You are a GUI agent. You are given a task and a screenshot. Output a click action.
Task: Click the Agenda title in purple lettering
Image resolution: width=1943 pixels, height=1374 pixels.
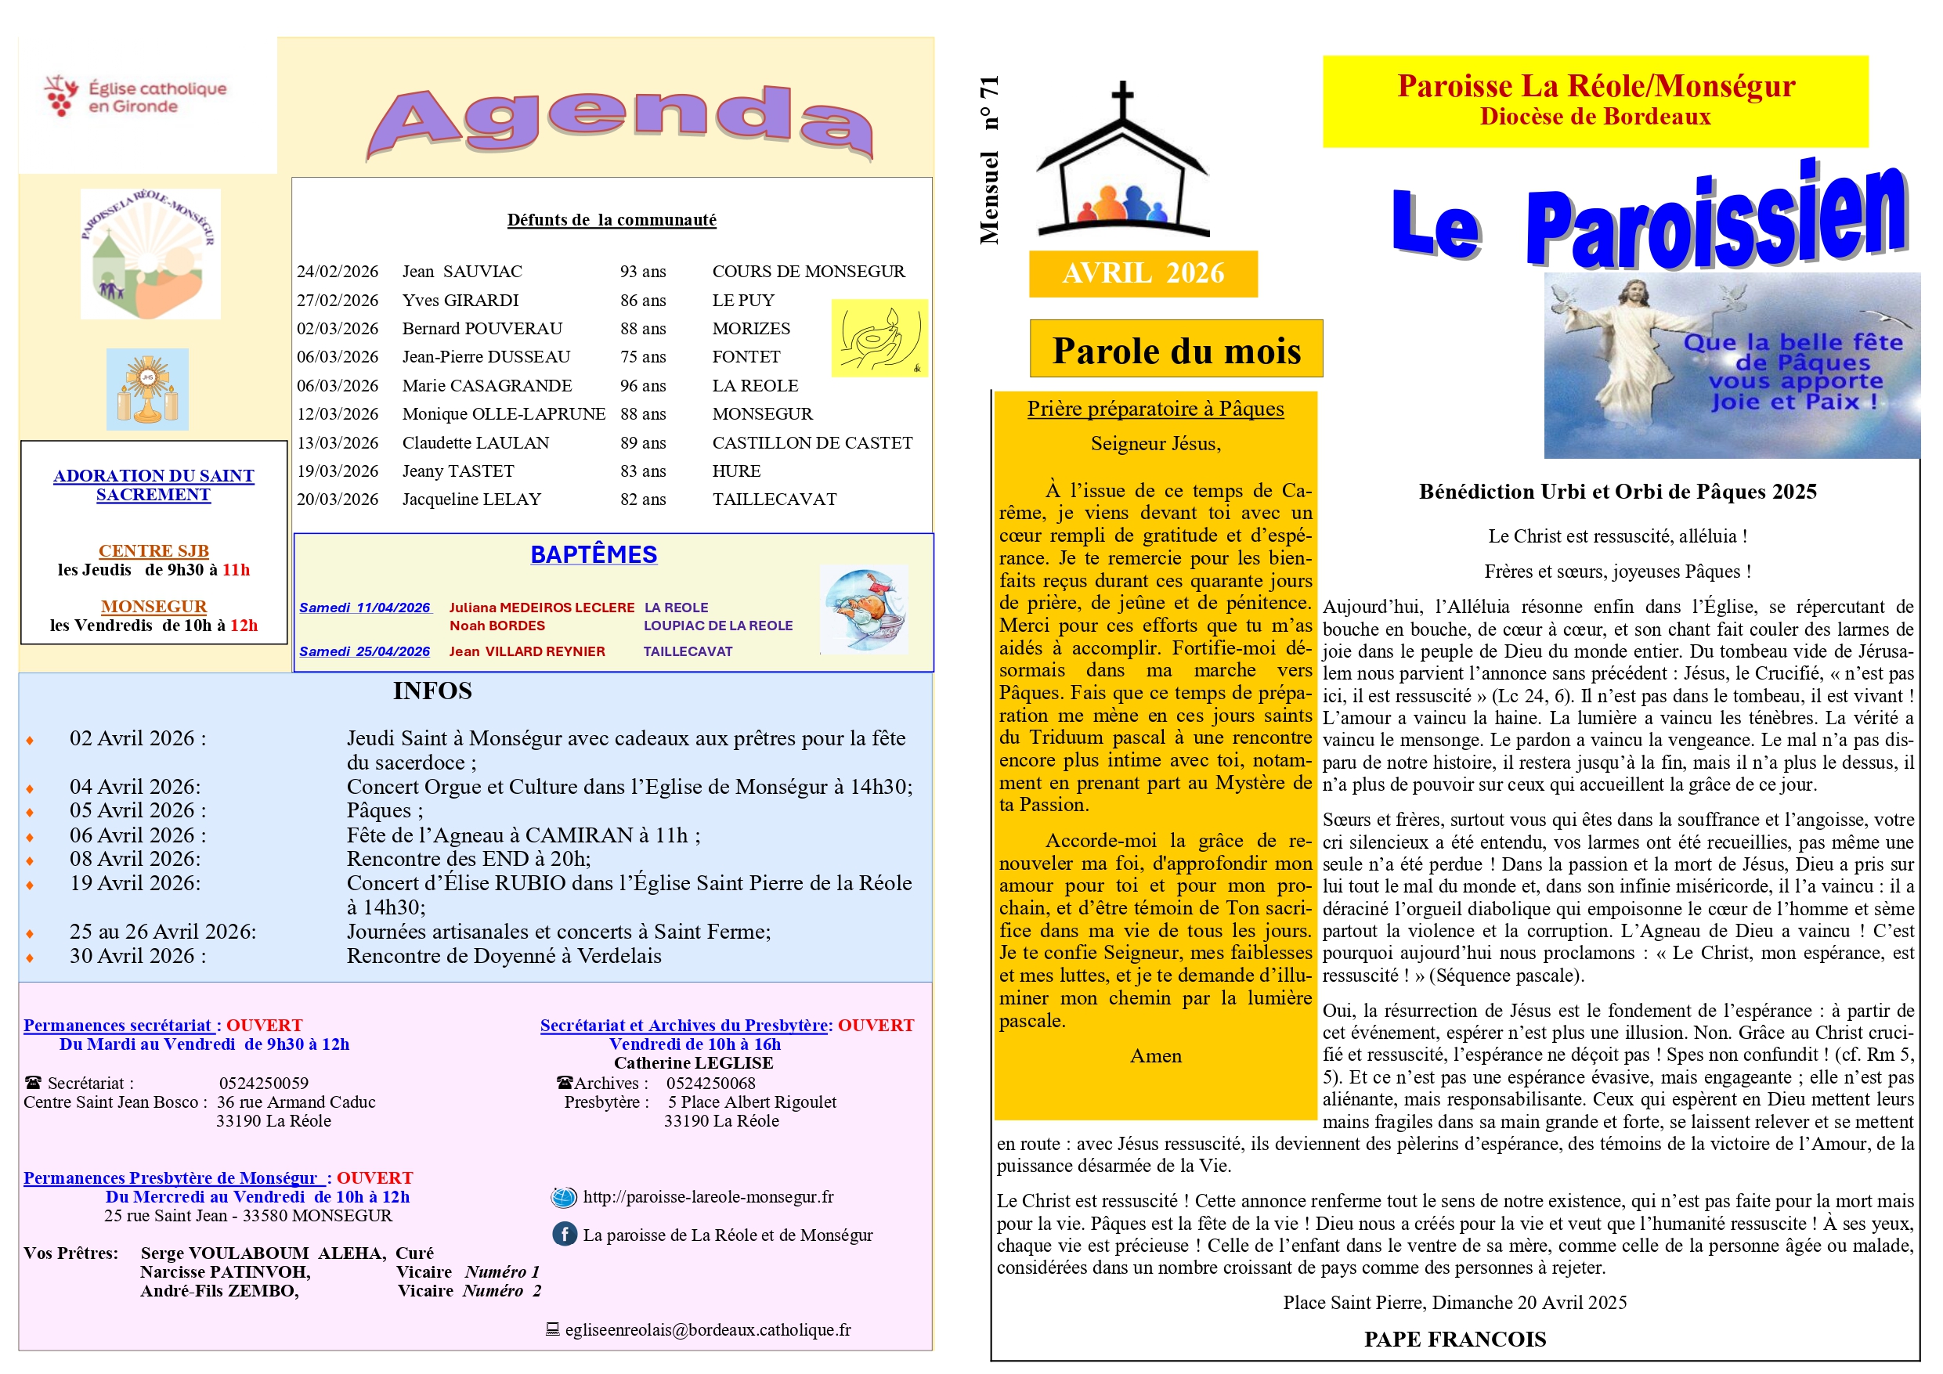[x=620, y=123]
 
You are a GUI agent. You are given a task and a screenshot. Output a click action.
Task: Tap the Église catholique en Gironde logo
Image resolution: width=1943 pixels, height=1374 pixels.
[x=135, y=96]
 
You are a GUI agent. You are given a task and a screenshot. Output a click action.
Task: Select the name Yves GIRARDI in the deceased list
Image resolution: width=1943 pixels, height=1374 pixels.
[x=460, y=301]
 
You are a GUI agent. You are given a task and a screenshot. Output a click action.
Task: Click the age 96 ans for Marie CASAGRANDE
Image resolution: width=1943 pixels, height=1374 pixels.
[x=642, y=386]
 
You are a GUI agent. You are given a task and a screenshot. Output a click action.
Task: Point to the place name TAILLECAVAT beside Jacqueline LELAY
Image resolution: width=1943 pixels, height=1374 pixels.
[x=774, y=499]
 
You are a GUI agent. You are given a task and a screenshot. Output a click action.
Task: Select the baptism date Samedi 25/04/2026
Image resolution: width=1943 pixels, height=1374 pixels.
[x=364, y=651]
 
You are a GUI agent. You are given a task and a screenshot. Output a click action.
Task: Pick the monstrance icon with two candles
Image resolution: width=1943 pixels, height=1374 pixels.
[x=147, y=389]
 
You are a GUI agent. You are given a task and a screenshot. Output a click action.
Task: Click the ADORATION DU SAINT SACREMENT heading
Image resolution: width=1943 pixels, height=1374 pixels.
[x=153, y=485]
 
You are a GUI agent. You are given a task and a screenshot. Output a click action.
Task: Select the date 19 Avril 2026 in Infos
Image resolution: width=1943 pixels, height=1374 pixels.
[x=135, y=883]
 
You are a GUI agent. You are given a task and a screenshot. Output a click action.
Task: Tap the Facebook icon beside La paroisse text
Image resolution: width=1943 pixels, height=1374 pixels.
[x=565, y=1235]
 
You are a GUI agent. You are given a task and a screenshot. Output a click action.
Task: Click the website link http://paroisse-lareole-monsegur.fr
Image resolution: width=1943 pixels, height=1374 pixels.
[x=707, y=1197]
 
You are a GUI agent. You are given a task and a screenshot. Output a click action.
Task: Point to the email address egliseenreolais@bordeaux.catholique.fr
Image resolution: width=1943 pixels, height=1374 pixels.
[x=707, y=1330]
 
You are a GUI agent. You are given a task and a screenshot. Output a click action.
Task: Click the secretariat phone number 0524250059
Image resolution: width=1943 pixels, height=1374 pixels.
[x=264, y=1083]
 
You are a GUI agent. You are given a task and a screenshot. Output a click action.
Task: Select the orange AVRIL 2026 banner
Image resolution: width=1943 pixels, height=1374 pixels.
[x=1143, y=273]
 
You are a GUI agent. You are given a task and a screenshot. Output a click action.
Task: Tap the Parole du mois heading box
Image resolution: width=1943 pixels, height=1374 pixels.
[x=1176, y=349]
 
